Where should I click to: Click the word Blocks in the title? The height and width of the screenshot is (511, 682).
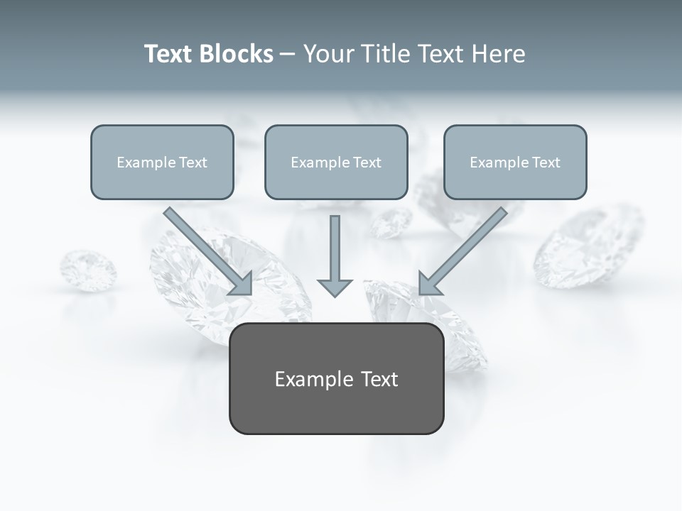[x=236, y=54]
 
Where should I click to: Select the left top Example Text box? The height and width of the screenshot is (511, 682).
[x=162, y=162]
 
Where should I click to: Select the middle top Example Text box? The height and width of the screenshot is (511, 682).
[x=336, y=162]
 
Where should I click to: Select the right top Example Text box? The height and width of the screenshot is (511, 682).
[x=515, y=162]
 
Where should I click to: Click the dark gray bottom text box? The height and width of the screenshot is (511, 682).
[x=337, y=378]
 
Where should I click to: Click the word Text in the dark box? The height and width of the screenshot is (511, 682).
[x=379, y=379]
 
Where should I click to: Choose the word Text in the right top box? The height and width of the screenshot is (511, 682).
[x=546, y=163]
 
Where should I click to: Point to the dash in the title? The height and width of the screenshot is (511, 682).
[x=288, y=55]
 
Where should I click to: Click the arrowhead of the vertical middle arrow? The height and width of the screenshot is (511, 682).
[x=335, y=287]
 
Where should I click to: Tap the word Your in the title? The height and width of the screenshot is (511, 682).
[x=328, y=54]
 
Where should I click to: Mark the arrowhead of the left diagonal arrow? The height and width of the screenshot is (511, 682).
[x=242, y=284]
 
